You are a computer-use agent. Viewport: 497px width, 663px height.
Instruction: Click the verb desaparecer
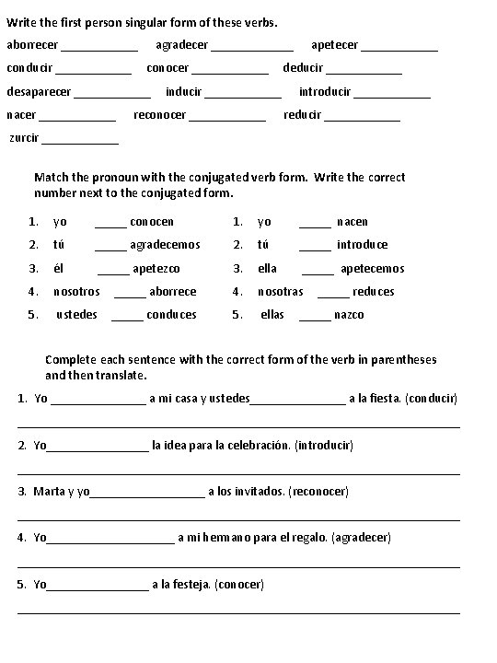click(40, 92)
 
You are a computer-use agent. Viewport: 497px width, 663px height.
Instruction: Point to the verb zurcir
click(24, 138)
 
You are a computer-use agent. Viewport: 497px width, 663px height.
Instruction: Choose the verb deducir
click(303, 68)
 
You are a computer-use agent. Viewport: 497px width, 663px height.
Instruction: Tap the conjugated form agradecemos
click(165, 245)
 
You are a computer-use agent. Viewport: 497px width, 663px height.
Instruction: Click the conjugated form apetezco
click(156, 269)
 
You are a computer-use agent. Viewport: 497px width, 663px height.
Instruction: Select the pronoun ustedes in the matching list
click(76, 315)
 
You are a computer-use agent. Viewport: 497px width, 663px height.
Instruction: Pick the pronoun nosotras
click(280, 292)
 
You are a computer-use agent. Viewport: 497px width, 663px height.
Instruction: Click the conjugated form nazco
click(350, 315)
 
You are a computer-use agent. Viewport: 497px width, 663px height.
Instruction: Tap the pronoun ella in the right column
click(267, 269)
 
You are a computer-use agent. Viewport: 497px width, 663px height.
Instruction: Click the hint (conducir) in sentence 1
click(431, 399)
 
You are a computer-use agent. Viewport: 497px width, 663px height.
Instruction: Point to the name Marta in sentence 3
click(49, 491)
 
